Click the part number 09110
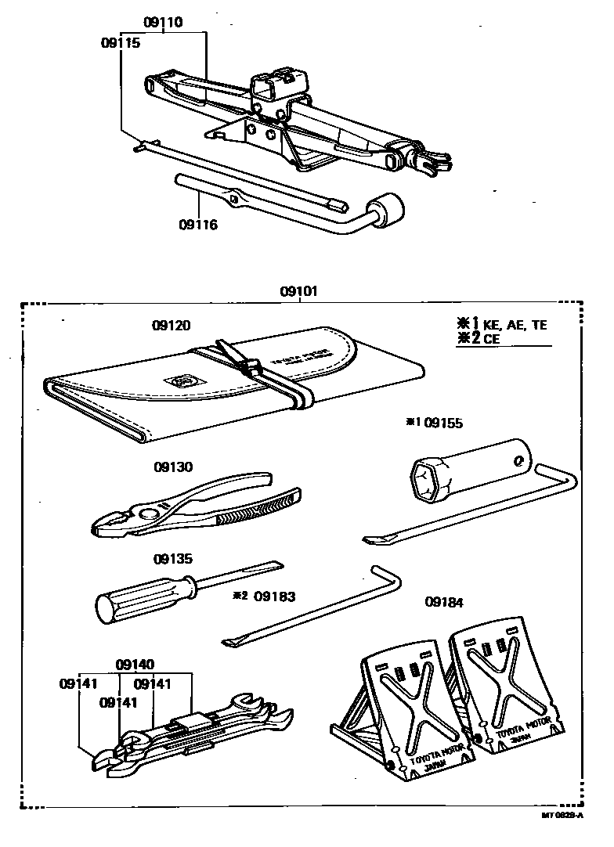[x=164, y=23]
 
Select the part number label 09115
[x=121, y=44]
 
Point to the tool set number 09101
[x=300, y=292]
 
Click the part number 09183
[x=276, y=596]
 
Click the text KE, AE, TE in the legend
[x=515, y=325]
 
